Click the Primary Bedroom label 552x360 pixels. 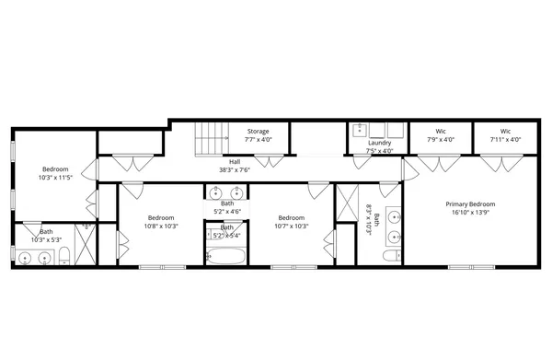coord(470,203)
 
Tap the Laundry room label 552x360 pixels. coord(379,143)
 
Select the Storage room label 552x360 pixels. coord(258,131)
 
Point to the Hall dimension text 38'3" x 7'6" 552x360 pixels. coord(235,169)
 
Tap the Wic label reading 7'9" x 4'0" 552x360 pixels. coord(441,140)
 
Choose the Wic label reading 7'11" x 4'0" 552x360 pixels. coord(505,140)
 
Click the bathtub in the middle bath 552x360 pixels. coord(224,257)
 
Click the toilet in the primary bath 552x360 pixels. coord(391,255)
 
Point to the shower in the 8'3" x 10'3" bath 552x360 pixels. coord(348,203)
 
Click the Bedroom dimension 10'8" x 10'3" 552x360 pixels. coord(161,225)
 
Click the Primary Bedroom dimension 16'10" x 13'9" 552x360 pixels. coord(470,212)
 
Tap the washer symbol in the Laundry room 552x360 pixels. coord(361,130)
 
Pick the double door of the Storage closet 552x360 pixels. coord(269,163)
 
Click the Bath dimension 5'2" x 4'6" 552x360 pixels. coord(226,211)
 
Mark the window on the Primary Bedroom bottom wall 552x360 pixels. coord(470,267)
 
